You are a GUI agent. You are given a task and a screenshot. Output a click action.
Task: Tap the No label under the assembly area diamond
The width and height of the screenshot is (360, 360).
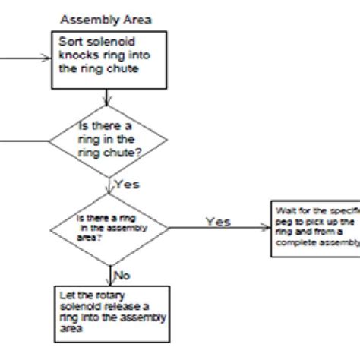tap(122, 272)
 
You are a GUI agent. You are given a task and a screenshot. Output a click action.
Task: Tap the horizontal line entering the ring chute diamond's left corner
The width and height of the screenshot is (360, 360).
tap(23, 138)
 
